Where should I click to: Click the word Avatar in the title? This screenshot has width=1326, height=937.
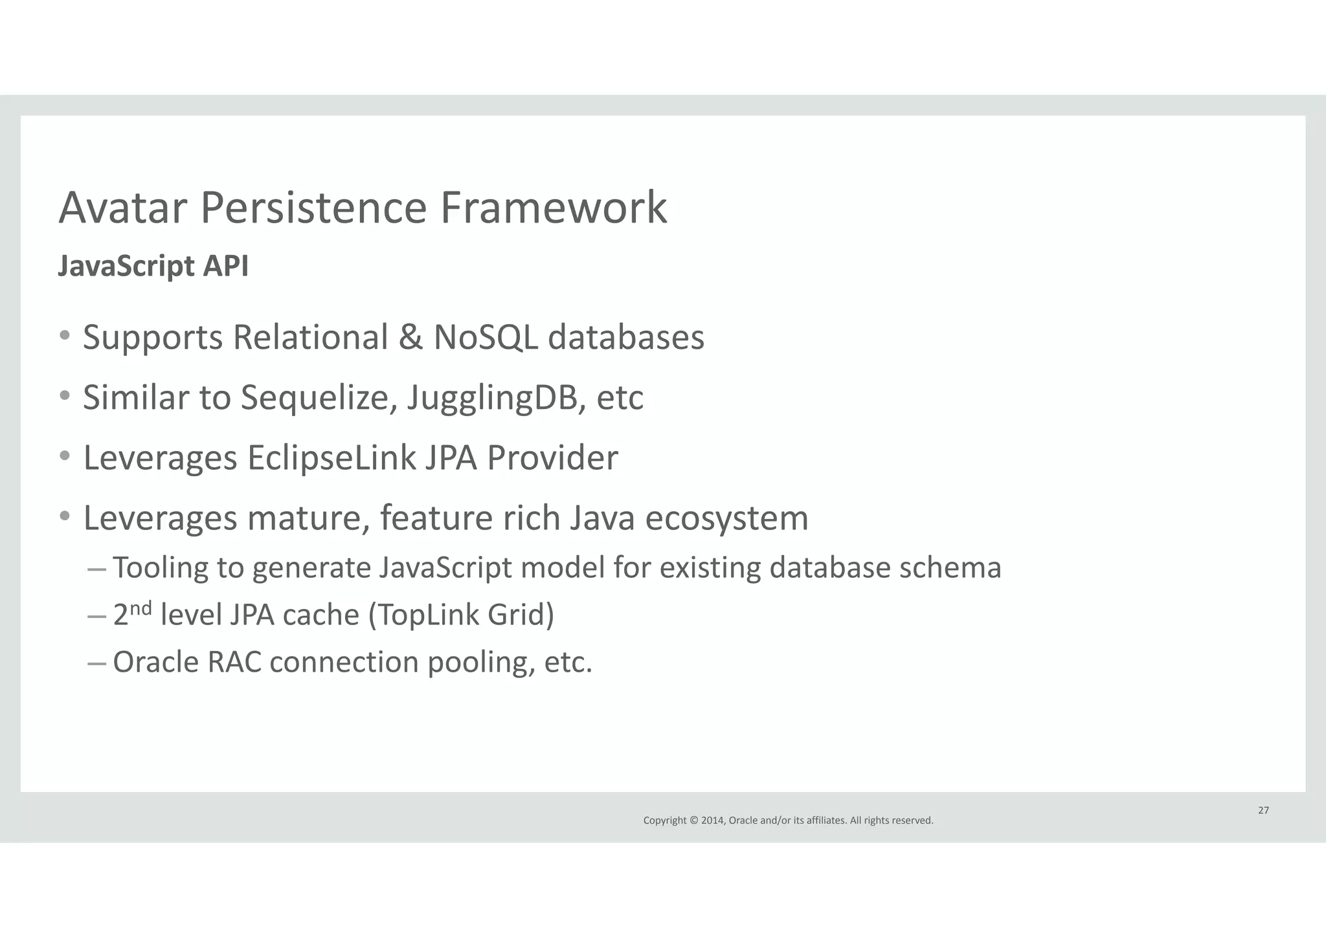click(122, 208)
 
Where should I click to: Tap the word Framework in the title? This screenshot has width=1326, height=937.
click(553, 208)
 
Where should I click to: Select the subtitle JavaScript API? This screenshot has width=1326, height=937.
click(153, 266)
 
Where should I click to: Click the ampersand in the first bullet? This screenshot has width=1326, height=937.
click(410, 337)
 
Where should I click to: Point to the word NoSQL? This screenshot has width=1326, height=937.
click(485, 337)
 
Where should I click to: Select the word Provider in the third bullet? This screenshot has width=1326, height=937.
click(552, 457)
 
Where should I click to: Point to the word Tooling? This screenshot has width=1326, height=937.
click(160, 568)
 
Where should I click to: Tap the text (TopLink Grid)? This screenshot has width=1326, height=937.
click(461, 615)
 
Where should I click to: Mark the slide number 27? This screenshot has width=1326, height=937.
click(1263, 810)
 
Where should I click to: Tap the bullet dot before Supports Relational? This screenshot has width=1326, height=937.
click(65, 336)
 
